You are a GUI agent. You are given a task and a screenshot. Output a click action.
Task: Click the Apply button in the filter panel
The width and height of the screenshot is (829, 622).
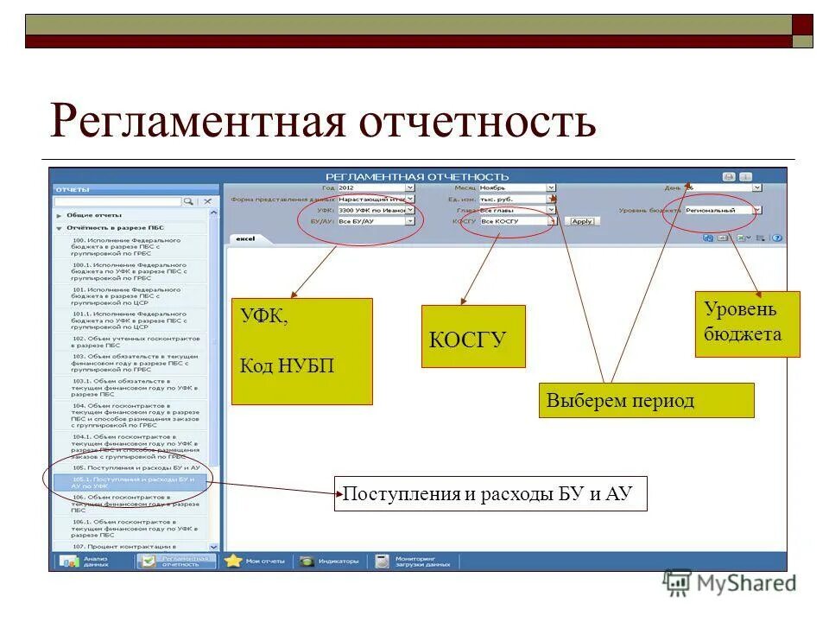582,221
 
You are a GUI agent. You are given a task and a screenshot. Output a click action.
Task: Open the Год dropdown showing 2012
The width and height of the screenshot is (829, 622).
375,187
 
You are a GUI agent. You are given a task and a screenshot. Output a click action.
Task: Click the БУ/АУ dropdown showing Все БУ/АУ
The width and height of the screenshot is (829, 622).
376,221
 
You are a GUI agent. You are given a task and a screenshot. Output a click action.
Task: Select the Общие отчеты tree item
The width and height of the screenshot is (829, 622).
95,214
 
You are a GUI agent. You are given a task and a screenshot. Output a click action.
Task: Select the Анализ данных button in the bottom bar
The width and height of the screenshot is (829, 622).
86,561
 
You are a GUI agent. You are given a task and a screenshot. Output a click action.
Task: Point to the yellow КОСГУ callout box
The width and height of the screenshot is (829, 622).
473,336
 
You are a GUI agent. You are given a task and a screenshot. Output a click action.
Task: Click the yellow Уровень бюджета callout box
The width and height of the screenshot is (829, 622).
747,324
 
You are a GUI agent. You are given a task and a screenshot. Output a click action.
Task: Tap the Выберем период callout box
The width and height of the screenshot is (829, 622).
646,401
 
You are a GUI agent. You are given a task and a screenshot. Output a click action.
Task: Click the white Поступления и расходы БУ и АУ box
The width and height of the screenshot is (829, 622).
490,493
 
